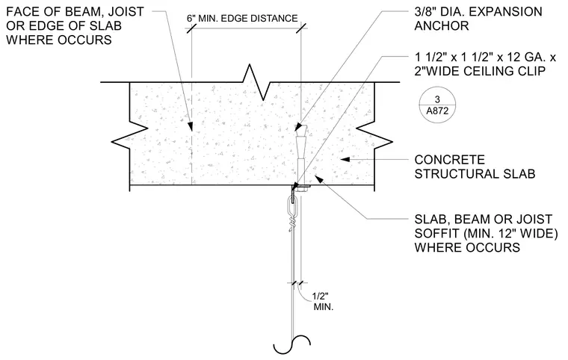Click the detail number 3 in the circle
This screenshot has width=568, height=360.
pyautogui.click(x=437, y=99)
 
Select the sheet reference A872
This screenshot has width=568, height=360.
pyautogui.click(x=437, y=111)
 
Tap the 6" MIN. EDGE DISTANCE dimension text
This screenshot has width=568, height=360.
pyautogui.click(x=242, y=19)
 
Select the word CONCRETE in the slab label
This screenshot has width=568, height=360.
pyautogui.click(x=450, y=160)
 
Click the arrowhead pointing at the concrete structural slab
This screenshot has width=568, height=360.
pyautogui.click(x=345, y=159)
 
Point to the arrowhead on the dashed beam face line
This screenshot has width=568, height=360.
pyautogui.click(x=189, y=125)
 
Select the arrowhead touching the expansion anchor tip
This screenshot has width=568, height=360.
pyautogui.click(x=298, y=127)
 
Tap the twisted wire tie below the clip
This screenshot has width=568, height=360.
pyautogui.click(x=293, y=222)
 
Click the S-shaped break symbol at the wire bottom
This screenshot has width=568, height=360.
pyautogui.click(x=292, y=344)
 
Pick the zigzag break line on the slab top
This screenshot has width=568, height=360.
pyautogui.click(x=256, y=82)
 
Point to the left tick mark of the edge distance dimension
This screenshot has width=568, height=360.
pyautogui.click(x=191, y=28)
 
